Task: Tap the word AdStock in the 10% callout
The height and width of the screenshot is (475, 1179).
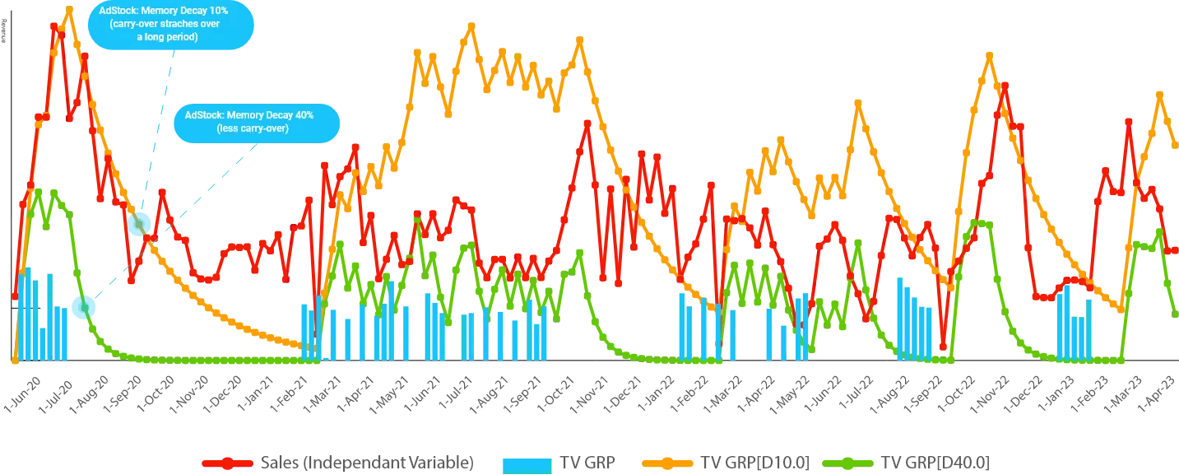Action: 117,12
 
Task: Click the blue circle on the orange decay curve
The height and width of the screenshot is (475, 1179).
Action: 138,221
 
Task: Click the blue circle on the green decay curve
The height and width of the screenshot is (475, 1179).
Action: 84,306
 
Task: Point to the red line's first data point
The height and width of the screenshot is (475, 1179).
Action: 15,296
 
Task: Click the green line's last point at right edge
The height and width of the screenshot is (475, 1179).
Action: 1176,314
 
